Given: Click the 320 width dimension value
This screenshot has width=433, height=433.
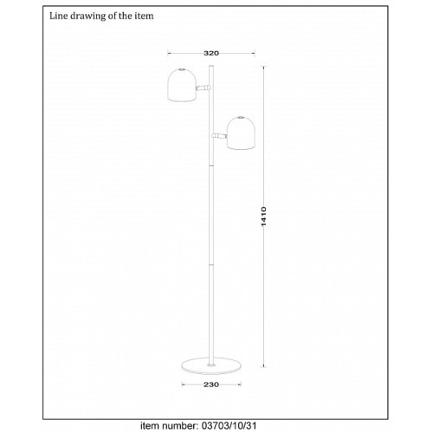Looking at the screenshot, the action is (211, 53).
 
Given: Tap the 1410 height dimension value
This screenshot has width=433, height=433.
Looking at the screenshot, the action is (263, 216).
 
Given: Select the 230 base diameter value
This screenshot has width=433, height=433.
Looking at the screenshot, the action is (211, 385).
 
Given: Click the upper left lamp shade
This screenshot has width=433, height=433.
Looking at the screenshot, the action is (182, 85).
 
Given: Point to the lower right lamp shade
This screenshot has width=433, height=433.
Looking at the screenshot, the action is (241, 133).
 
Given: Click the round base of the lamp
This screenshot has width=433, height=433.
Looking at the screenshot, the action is (211, 365).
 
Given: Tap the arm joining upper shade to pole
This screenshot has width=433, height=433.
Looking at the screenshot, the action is (204, 87).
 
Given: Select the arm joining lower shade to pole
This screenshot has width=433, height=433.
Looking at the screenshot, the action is (220, 136).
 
